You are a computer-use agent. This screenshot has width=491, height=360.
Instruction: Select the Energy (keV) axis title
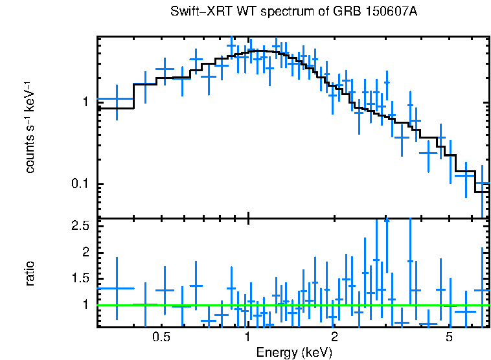[x=294, y=352]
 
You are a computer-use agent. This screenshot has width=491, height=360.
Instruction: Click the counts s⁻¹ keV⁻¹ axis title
[x=30, y=127]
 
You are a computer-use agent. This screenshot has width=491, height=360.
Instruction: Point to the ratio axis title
[x=30, y=273]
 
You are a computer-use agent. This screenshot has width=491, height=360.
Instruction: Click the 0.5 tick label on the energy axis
[x=161, y=337]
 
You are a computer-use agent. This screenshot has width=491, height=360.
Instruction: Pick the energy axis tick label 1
[x=248, y=337]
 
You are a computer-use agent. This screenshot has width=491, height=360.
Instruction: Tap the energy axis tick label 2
[x=334, y=337]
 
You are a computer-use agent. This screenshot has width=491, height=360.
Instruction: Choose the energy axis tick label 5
[x=449, y=337]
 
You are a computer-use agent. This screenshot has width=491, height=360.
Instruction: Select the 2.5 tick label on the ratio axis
[x=80, y=225]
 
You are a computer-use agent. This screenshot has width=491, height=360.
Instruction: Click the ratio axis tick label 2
[x=85, y=251]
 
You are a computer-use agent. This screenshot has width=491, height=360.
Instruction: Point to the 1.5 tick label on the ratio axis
[x=80, y=278]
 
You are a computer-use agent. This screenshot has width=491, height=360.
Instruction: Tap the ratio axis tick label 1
[x=85, y=304]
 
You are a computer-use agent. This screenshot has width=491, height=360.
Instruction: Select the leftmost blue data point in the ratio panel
[x=117, y=288]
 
